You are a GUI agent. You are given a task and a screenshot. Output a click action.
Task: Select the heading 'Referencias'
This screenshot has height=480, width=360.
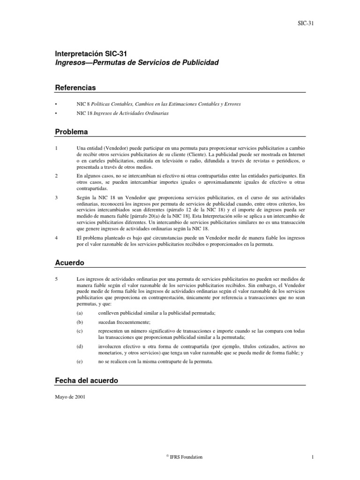pyautogui.click(x=75, y=88)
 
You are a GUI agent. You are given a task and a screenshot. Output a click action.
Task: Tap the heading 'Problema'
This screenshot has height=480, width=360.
pyautogui.click(x=71, y=132)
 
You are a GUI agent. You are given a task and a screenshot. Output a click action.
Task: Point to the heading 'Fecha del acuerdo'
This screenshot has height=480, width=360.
pyautogui.click(x=86, y=381)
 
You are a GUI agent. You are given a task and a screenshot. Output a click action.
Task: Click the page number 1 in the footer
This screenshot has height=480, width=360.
pyautogui.click(x=304, y=457)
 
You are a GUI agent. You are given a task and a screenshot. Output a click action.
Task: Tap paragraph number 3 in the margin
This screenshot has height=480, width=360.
pyautogui.click(x=56, y=198)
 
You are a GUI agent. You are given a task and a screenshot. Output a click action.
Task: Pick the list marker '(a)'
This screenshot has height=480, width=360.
pyautogui.click(x=79, y=313)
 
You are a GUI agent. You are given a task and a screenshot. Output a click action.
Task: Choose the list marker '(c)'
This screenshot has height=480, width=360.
pyautogui.click(x=79, y=331)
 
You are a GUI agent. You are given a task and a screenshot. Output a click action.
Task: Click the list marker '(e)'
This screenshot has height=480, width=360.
pyautogui.click(x=79, y=361)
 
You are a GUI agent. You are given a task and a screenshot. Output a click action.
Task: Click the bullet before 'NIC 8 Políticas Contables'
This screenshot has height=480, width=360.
pyautogui.click(x=56, y=104)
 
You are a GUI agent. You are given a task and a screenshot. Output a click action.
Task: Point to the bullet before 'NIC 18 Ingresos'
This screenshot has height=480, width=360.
pyautogui.click(x=56, y=113)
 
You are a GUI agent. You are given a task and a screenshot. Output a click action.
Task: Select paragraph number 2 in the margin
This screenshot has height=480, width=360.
pyautogui.click(x=56, y=176)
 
